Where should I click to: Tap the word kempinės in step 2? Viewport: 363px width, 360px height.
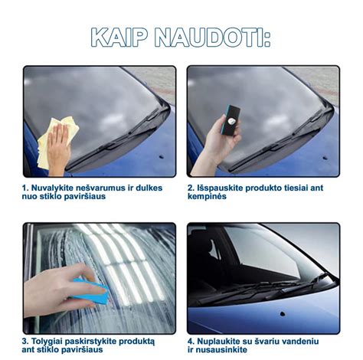pos(207,197)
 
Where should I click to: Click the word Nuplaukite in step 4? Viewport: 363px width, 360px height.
pos(223,341)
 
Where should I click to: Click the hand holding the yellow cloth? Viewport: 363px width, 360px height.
pos(58,146)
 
